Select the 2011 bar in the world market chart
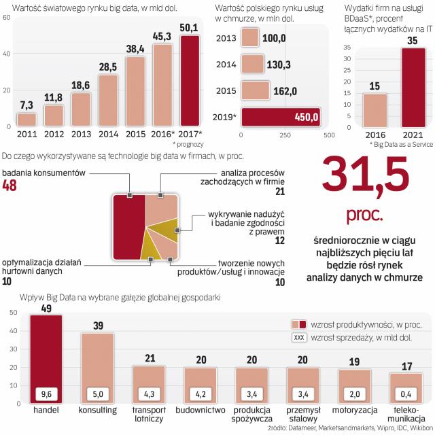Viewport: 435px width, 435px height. click(26, 120)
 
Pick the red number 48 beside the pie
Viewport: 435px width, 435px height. click(11, 187)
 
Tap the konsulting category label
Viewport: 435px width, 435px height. click(98, 411)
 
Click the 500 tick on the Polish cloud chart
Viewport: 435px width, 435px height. click(329, 135)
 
